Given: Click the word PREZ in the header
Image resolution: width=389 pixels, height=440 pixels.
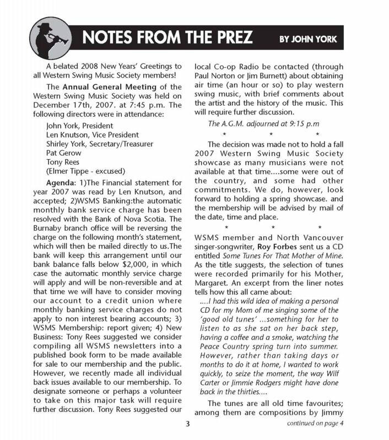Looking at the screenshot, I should (x=231, y=38).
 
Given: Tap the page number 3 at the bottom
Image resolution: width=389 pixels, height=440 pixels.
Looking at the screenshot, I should (x=188, y=423).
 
